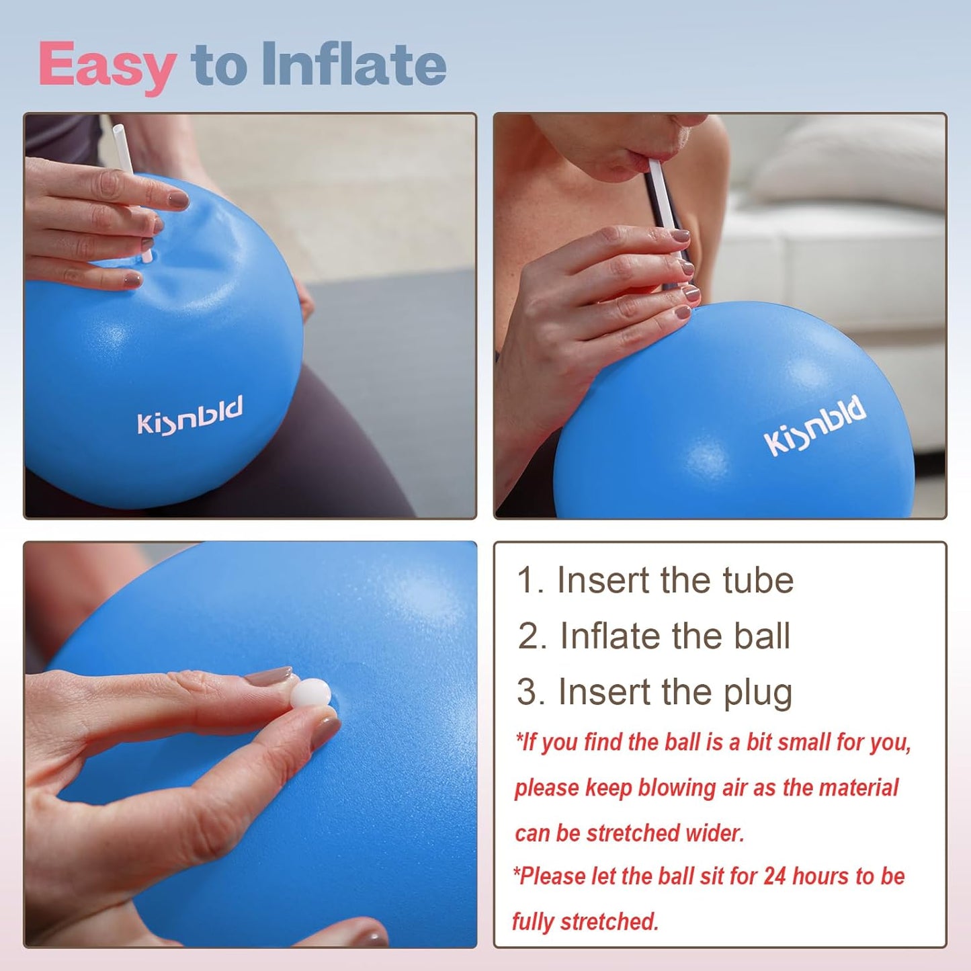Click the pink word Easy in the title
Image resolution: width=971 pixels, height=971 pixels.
pyautogui.click(x=107, y=65)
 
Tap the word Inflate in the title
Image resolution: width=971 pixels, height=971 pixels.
pyautogui.click(x=353, y=65)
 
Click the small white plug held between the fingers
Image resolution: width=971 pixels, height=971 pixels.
pyautogui.click(x=311, y=693)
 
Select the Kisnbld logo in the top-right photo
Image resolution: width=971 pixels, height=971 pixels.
pyautogui.click(x=814, y=425)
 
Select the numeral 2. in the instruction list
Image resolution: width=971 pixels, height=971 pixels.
pyautogui.click(x=532, y=636)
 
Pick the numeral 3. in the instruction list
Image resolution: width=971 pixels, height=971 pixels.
pyautogui.click(x=530, y=692)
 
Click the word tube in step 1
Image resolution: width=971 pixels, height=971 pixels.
pyautogui.click(x=757, y=581)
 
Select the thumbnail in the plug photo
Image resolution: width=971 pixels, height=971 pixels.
pyautogui.click(x=326, y=731)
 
